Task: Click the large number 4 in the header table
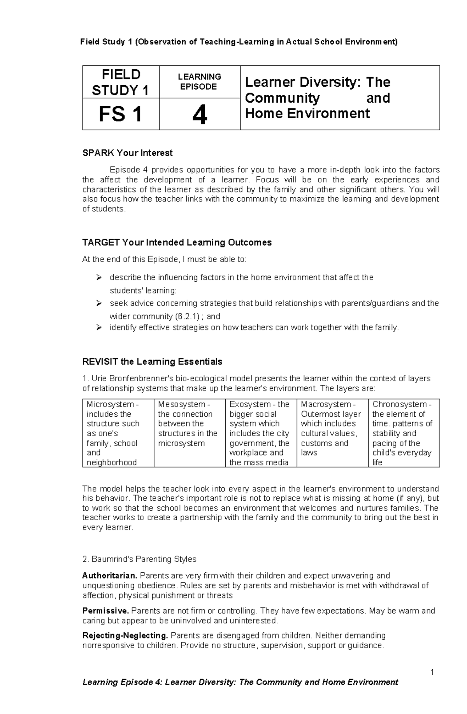[200, 116]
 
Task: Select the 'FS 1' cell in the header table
[121, 115]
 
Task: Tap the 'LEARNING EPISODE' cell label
[199, 82]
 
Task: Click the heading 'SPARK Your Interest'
[127, 153]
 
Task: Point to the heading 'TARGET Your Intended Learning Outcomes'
[177, 242]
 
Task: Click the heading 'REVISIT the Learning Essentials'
[152, 361]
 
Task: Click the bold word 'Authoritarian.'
[110, 575]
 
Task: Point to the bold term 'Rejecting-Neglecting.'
[125, 635]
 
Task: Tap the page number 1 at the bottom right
[432, 672]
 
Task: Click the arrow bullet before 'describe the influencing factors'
[99, 277]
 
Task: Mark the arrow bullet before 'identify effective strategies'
[99, 328]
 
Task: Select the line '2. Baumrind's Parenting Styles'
[139, 559]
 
